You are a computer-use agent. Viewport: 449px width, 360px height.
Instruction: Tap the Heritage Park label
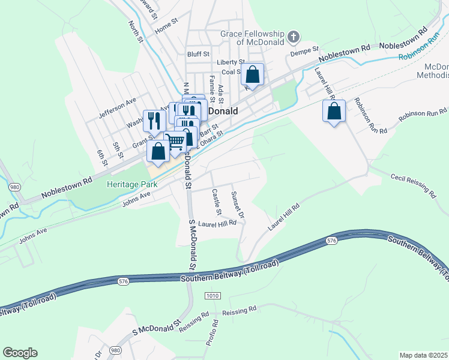tap(132, 184)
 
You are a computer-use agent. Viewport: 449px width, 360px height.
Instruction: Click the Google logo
tap(20, 353)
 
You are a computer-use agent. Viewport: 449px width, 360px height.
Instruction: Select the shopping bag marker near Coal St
tap(253, 76)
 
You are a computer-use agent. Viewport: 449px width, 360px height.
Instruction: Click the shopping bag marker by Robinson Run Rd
tap(334, 112)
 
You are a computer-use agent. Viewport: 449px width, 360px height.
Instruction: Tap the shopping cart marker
tap(175, 142)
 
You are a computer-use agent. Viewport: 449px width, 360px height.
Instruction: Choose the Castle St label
tap(217, 202)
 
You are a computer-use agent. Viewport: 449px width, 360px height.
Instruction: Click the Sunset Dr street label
tap(238, 205)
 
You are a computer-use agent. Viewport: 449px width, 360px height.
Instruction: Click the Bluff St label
tap(197, 53)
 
